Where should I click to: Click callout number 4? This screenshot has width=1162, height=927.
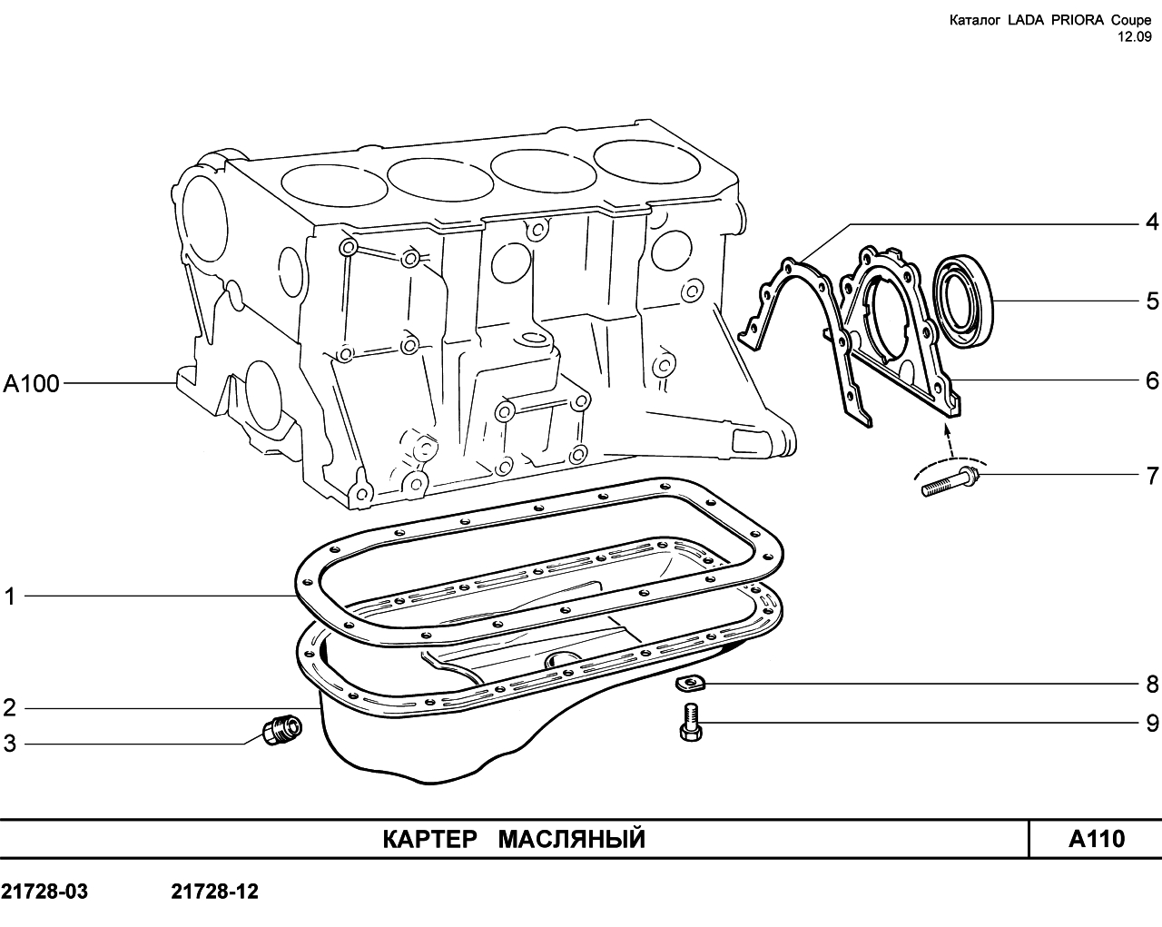tap(1152, 222)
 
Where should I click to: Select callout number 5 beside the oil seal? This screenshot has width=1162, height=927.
tap(1152, 301)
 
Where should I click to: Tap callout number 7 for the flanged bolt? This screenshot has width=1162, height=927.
tap(1152, 476)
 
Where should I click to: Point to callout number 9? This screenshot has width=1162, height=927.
tap(1152, 723)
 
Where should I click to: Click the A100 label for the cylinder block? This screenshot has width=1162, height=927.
tap(31, 383)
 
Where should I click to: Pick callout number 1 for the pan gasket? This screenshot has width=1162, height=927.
tap(10, 597)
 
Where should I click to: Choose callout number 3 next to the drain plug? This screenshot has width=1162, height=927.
tap(10, 744)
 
